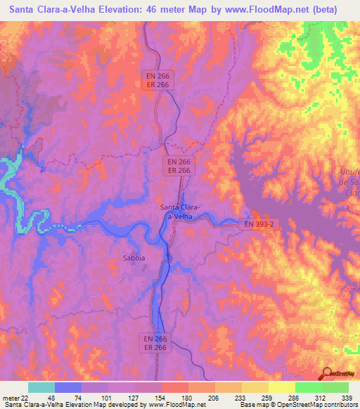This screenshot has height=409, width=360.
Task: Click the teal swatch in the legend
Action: pos(41,387)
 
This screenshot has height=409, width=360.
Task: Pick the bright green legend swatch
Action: pos(309,387)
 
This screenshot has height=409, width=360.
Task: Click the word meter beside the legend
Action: pos(11,398)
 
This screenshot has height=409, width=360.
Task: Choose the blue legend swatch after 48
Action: pos(68,387)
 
